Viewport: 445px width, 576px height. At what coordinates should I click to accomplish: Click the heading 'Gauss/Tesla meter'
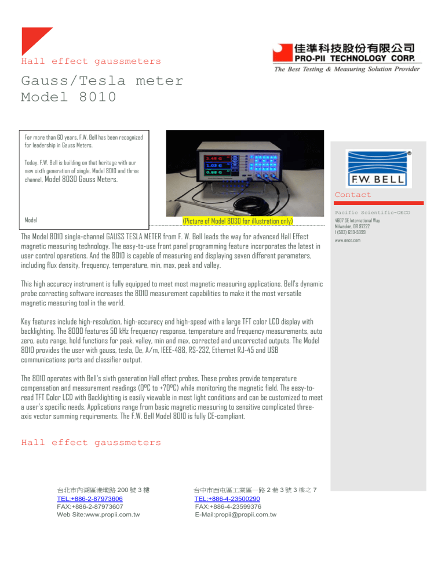pos(102,81)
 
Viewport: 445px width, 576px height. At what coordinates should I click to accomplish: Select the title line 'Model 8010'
pos(68,97)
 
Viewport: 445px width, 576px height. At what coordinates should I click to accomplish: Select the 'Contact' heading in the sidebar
pos(353,195)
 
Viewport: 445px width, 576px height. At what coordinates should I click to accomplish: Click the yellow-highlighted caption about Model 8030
pos(238,221)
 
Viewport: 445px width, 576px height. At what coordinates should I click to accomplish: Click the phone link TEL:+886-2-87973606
pos(89,498)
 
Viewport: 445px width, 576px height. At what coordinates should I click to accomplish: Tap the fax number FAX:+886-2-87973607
pos(89,506)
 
